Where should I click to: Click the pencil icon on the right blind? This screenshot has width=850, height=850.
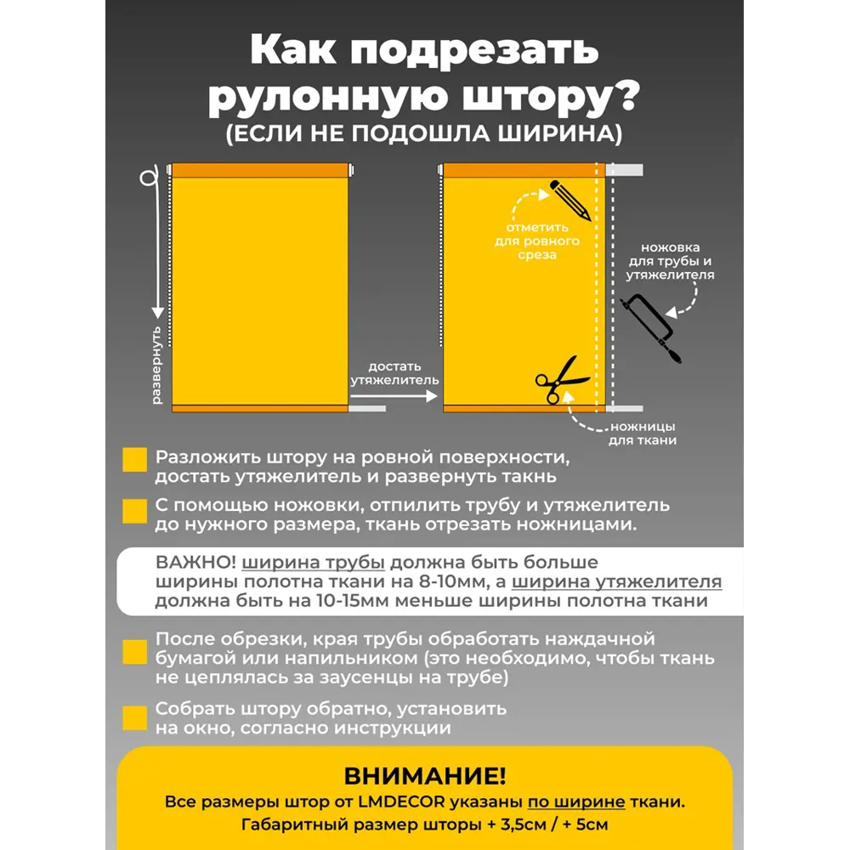[570, 201]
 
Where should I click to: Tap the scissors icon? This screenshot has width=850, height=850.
[556, 380]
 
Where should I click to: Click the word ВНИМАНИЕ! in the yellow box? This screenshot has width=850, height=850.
[424, 775]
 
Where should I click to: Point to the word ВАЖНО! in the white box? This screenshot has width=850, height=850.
[195, 563]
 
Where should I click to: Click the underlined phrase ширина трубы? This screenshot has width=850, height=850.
[314, 563]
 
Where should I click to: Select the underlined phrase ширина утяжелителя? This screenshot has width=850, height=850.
[616, 582]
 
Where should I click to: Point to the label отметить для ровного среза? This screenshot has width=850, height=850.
[537, 241]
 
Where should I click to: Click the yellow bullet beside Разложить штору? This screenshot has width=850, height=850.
[135, 460]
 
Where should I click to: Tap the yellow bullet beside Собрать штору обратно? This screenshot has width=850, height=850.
[135, 717]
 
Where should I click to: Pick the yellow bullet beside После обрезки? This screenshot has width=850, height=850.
[135, 652]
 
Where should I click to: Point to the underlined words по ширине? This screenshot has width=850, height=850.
[576, 802]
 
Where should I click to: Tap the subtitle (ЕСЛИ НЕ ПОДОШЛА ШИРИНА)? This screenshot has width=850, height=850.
[424, 134]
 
